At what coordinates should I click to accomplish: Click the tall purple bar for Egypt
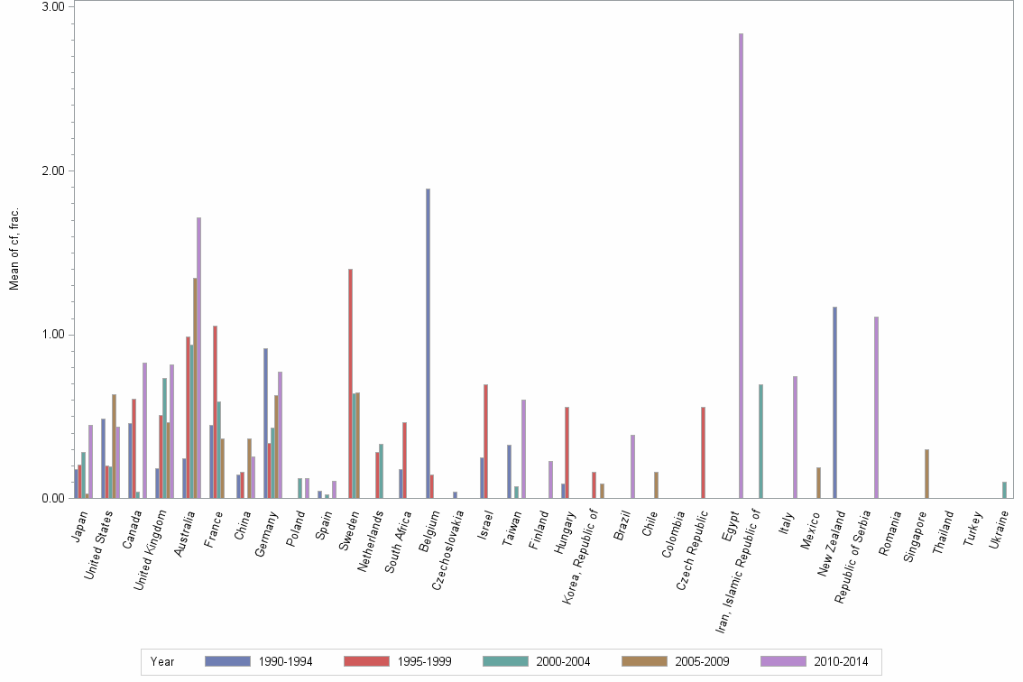pyautogui.click(x=741, y=265)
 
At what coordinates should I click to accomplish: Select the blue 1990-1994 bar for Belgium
pyautogui.click(x=428, y=343)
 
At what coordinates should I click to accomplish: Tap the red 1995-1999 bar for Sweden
pyautogui.click(x=350, y=383)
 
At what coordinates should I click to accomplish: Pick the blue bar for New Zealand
pyautogui.click(x=834, y=402)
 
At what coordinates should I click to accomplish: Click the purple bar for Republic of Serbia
pyautogui.click(x=876, y=407)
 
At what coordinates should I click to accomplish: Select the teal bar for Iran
pyautogui.click(x=760, y=441)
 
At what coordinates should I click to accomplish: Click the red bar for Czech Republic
pyautogui.click(x=703, y=452)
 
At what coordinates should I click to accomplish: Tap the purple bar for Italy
pyautogui.click(x=795, y=437)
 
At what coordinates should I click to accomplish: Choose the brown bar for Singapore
pyautogui.click(x=926, y=474)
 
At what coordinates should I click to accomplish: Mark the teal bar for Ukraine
pyautogui.click(x=1004, y=490)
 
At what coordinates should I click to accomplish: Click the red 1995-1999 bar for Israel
pyautogui.click(x=485, y=441)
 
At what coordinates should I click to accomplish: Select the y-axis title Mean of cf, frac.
pyautogui.click(x=14, y=249)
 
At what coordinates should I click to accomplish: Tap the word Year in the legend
pyautogui.click(x=162, y=662)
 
